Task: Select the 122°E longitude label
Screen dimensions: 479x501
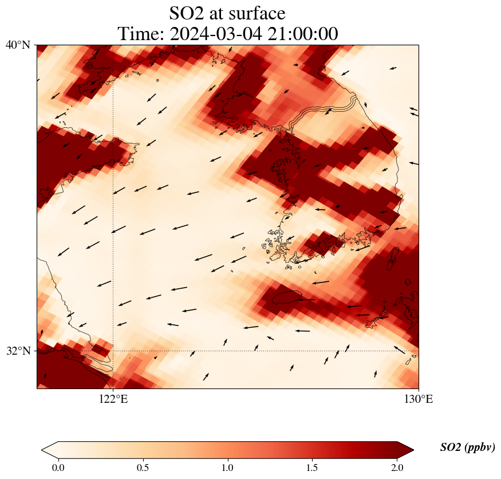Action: coord(113,399)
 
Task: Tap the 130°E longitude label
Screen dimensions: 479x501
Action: coord(419,399)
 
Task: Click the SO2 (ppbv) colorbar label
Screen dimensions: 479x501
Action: coord(467,447)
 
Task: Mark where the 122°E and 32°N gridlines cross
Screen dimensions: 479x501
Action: coord(113,351)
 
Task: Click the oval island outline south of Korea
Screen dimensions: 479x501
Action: coord(287,297)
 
